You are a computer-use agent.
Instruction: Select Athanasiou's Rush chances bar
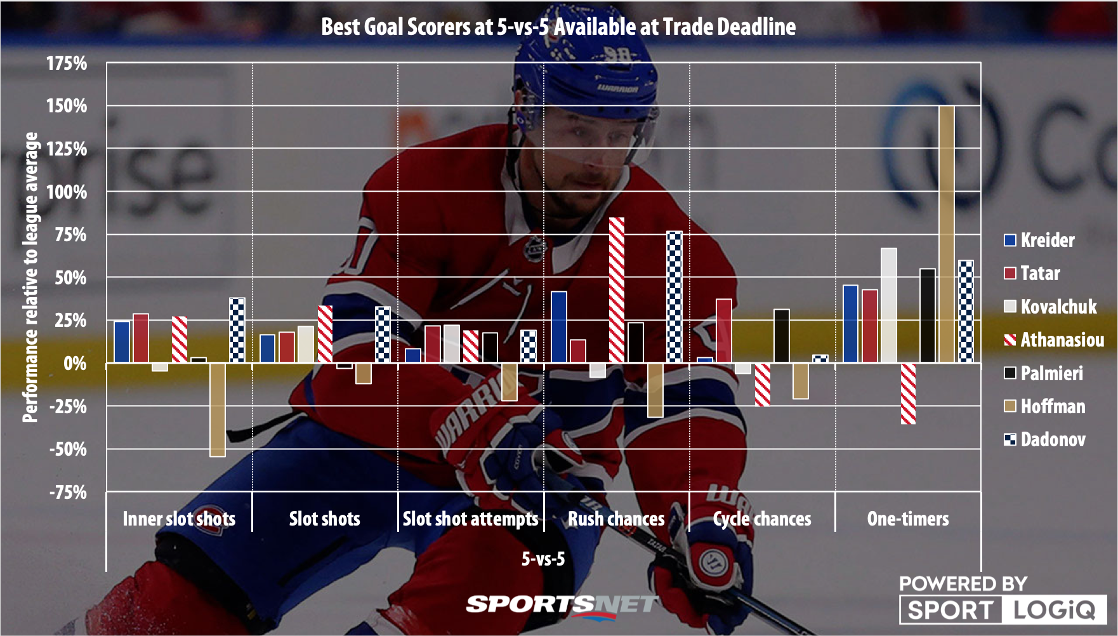click(616, 289)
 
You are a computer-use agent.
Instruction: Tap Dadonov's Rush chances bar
click(674, 296)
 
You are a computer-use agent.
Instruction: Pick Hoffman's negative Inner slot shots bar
click(217, 409)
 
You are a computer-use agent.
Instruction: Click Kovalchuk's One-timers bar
click(888, 305)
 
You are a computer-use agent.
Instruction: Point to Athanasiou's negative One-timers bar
click(908, 393)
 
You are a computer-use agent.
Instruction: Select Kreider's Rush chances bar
click(558, 327)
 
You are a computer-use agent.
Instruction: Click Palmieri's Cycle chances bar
click(781, 336)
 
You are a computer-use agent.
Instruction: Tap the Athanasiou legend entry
click(1053, 340)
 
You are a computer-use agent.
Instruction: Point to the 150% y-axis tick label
click(67, 105)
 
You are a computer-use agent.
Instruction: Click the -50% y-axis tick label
click(68, 449)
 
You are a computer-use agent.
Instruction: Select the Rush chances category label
click(616, 519)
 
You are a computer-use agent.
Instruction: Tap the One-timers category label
click(908, 519)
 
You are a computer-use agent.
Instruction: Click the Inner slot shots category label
click(179, 519)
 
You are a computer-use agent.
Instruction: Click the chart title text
click(558, 27)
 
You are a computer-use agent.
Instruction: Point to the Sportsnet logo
click(562, 605)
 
